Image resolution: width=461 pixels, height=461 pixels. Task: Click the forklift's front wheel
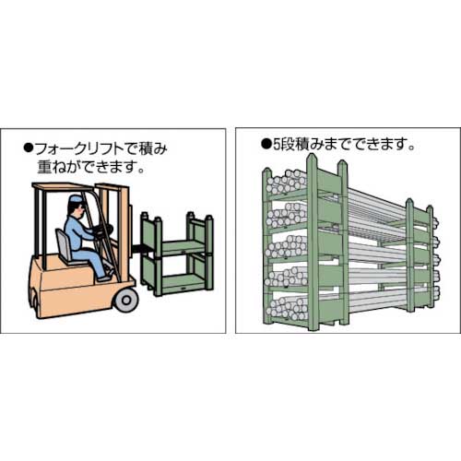tap(124, 301)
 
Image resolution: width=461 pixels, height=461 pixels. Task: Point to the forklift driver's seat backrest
tap(62, 242)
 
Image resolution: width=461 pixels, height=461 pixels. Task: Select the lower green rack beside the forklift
tap(175, 272)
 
